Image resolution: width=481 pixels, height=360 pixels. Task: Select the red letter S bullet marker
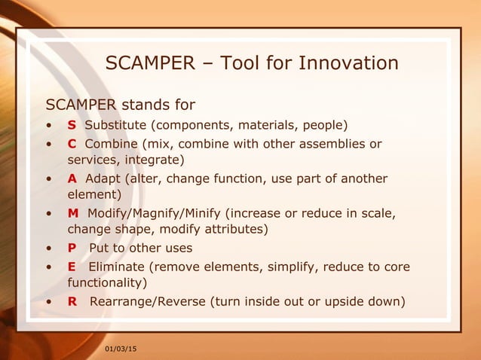72,124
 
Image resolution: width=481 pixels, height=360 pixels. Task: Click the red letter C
72,144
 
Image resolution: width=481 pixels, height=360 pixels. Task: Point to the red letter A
72,178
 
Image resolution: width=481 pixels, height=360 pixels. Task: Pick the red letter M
73,213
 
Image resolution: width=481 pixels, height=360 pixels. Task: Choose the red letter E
72,267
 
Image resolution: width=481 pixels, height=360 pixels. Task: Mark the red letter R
72,302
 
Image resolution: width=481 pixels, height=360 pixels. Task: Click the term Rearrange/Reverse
148,302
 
